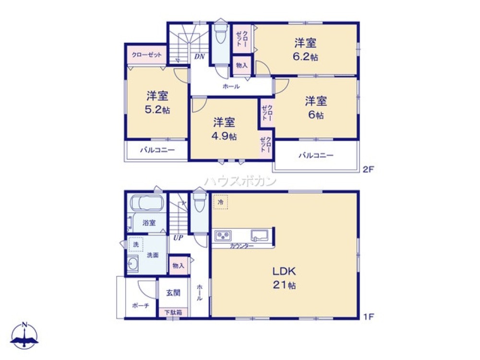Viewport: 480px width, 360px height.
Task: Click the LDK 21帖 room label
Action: coord(285,277)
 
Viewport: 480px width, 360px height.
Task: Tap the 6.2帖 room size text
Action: coord(306,56)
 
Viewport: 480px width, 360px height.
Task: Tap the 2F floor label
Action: coord(368,169)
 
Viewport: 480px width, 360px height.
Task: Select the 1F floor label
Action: coord(368,316)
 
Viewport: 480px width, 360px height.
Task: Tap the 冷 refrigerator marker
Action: coord(221,203)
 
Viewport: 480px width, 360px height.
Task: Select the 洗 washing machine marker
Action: coord(136,244)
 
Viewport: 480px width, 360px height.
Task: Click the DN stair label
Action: coord(199,57)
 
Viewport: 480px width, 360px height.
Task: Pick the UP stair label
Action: coord(178,238)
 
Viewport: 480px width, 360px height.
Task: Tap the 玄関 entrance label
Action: coord(173,292)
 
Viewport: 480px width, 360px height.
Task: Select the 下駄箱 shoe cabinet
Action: coord(173,312)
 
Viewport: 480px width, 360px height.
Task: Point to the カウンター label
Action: coord(241,246)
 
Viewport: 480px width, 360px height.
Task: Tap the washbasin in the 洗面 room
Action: coord(133,264)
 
